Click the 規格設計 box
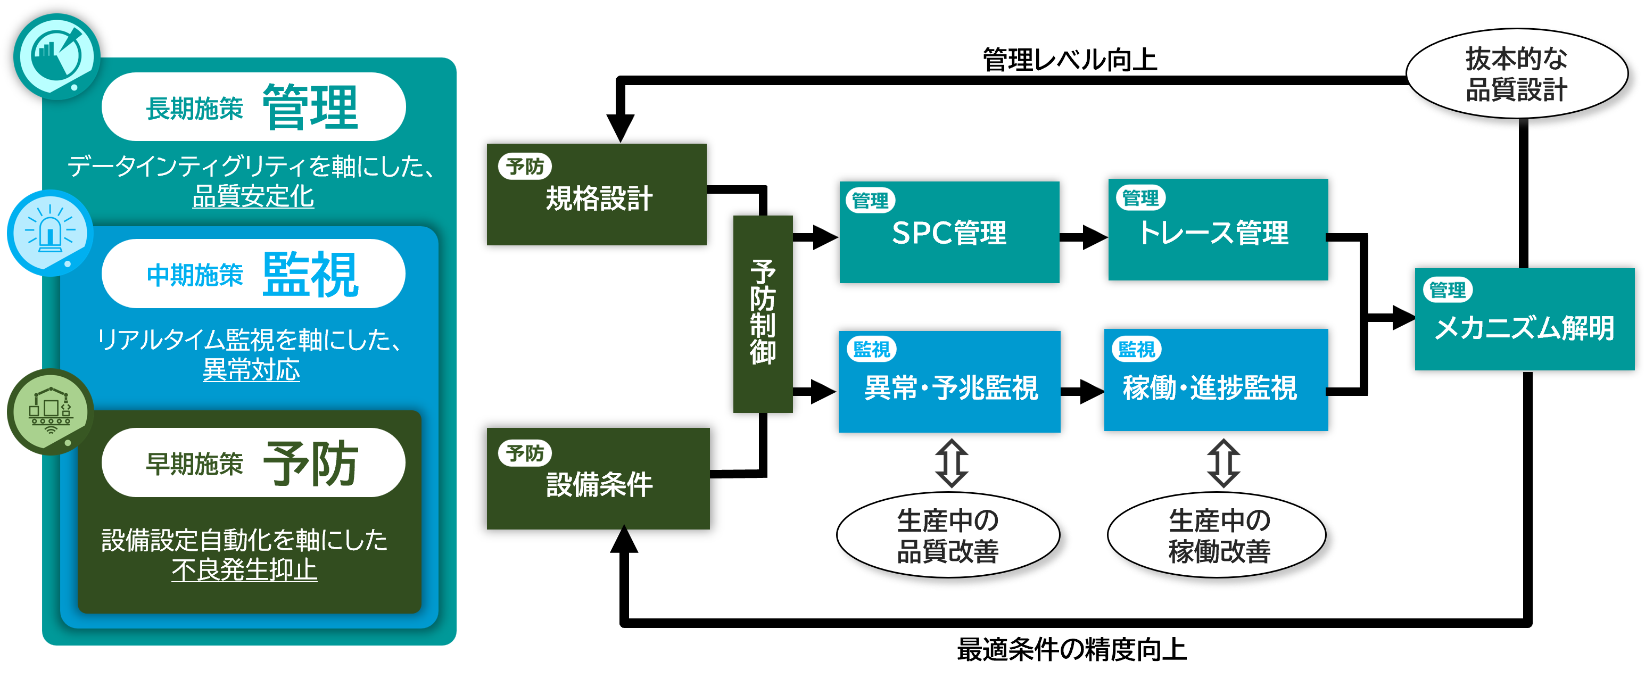coord(597,195)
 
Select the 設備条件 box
coord(598,479)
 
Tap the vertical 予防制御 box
coord(763,313)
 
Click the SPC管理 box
coord(949,233)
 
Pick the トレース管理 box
coord(1218,230)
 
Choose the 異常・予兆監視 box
coord(949,382)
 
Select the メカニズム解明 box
coord(1524,319)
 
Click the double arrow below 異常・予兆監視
coord(952,464)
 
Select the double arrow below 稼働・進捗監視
coord(1224,464)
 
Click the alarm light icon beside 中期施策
coord(50,231)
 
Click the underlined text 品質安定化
coord(253,196)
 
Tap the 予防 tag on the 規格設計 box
coord(524,167)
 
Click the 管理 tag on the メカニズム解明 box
coord(1447,291)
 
